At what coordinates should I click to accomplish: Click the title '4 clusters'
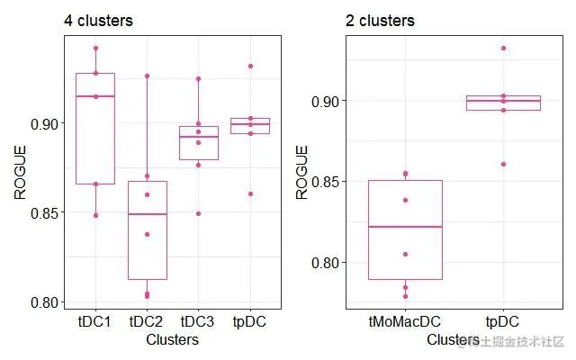click(97, 21)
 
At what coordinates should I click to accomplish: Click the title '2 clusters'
click(380, 21)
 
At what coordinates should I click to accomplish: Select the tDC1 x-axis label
click(94, 321)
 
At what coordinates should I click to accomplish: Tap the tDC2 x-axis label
click(147, 321)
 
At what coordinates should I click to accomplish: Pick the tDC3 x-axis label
click(198, 321)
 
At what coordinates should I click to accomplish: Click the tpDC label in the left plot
click(250, 321)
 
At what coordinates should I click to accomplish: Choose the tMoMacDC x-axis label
click(405, 321)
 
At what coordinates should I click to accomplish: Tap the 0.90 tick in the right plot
click(328, 100)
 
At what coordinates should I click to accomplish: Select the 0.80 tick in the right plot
click(328, 263)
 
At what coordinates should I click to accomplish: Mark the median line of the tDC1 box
click(94, 96)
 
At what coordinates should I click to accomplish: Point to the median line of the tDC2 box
click(147, 214)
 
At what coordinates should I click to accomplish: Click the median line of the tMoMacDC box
click(405, 227)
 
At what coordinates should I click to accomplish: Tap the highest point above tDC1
click(95, 48)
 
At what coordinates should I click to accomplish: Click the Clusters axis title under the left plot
click(172, 340)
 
